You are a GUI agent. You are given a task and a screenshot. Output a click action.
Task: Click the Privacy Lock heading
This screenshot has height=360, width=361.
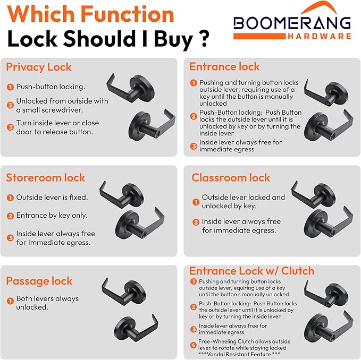[x=39, y=67]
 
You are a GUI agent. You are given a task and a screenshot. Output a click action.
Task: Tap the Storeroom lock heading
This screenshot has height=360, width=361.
[x=45, y=178]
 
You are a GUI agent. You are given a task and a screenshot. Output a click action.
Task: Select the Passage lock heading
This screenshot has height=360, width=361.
[x=39, y=281]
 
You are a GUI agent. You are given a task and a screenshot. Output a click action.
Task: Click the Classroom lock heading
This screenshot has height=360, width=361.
[x=231, y=178]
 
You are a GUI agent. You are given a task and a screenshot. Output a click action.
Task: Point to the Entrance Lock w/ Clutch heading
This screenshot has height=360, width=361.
[x=251, y=271]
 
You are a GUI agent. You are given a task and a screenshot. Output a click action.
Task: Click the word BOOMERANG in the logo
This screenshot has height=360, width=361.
[x=292, y=23]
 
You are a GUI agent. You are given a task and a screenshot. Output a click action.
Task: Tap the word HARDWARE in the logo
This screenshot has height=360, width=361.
[x=320, y=36]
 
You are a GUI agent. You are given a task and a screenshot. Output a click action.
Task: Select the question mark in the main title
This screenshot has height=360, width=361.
[x=203, y=39]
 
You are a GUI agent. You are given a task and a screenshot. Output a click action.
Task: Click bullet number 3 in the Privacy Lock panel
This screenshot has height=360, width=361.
[x=10, y=127]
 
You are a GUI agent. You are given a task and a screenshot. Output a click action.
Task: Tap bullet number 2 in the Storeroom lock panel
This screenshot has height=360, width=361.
[x=10, y=216]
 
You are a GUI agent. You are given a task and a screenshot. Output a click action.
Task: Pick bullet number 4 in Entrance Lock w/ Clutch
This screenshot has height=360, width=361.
[x=194, y=345]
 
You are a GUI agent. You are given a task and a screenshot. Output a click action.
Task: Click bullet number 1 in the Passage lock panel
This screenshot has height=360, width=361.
[x=10, y=301]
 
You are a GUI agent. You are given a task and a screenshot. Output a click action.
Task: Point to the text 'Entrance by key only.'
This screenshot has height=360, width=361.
[x=52, y=216]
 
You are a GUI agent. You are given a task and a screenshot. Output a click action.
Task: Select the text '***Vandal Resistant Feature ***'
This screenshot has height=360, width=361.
[x=239, y=354]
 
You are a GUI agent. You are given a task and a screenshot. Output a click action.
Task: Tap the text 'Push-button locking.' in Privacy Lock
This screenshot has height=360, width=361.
[x=51, y=87]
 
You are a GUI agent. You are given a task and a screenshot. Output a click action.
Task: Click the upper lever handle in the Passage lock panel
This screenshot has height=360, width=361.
[x=124, y=292]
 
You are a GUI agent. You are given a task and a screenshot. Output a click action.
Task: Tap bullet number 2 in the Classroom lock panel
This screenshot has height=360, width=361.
[x=196, y=222]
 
